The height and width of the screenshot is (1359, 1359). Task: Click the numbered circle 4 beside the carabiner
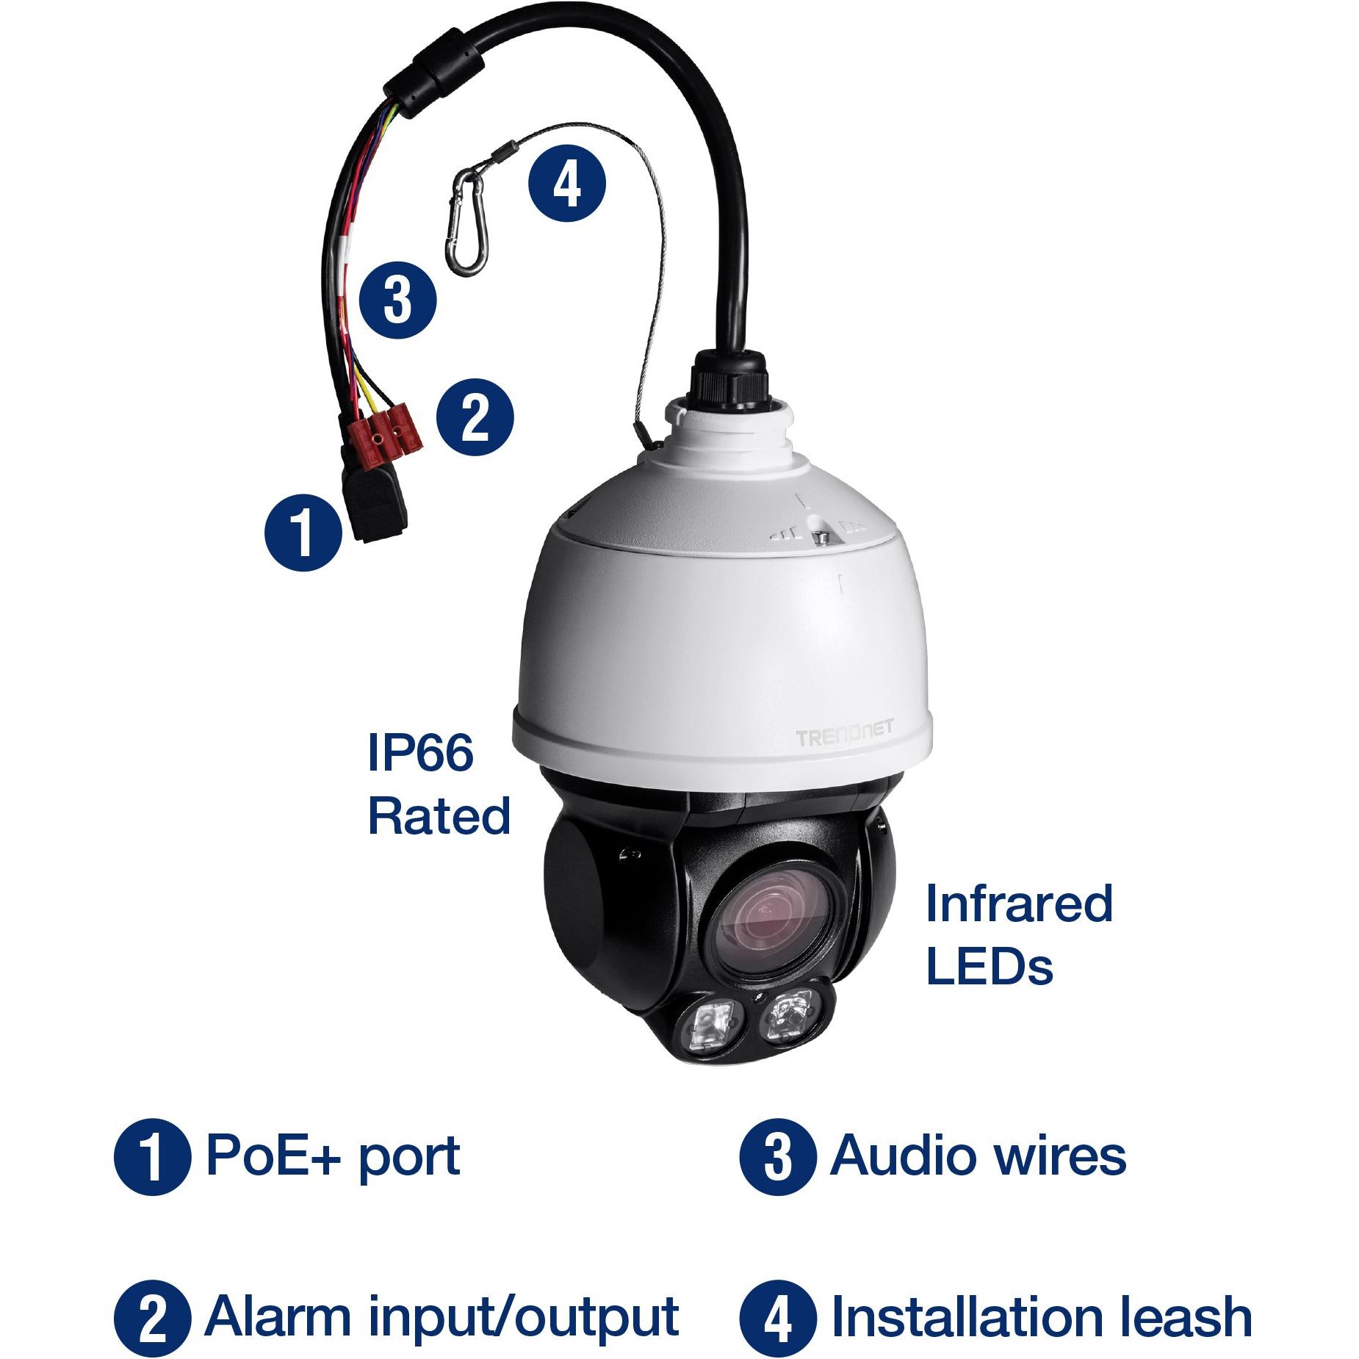567,183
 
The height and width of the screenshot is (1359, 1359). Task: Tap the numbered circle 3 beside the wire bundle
397,300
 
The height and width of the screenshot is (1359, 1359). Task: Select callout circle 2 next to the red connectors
475,417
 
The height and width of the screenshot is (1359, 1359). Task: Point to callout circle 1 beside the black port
303,532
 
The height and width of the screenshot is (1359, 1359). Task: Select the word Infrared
1019,903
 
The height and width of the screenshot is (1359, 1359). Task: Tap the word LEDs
989,966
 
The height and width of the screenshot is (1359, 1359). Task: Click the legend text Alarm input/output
441,1318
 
